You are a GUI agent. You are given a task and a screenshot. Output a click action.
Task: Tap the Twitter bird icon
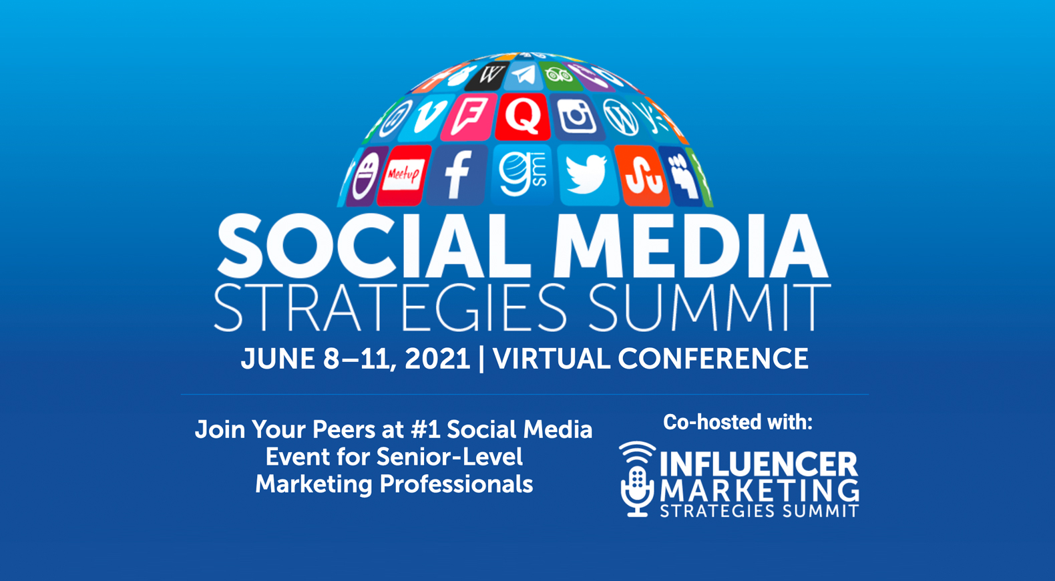(x=587, y=175)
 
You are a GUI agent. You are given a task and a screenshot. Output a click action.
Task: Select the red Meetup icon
(x=403, y=175)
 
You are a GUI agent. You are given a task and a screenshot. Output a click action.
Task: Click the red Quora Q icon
(x=523, y=116)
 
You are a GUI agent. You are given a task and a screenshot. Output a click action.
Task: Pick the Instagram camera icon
(x=576, y=118)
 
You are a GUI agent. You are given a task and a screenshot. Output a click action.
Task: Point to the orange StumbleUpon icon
(x=642, y=176)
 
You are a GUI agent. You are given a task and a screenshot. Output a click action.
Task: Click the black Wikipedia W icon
(x=488, y=75)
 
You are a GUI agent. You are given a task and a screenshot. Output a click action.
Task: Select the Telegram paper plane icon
(x=523, y=75)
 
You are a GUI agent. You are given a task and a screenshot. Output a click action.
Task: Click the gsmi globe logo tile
(x=523, y=175)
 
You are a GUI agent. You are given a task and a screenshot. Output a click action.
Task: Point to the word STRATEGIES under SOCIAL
(x=391, y=308)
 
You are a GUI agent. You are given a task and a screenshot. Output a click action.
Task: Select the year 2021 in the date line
(x=437, y=359)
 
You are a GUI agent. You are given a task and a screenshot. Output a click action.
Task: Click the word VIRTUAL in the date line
(x=551, y=359)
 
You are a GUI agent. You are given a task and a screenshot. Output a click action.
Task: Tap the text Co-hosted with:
(x=738, y=422)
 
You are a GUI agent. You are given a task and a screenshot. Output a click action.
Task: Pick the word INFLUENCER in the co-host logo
(x=759, y=465)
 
